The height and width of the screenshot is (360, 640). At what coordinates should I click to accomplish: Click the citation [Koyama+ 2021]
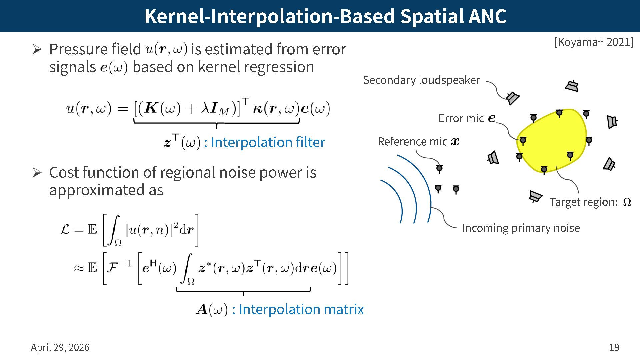click(x=593, y=42)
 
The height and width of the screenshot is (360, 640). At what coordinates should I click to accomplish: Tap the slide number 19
click(x=614, y=347)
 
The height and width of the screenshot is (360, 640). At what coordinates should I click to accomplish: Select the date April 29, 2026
click(x=60, y=347)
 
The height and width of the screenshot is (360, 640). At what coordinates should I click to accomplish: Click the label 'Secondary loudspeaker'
click(x=421, y=80)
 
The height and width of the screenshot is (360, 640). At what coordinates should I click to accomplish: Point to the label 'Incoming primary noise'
click(x=521, y=228)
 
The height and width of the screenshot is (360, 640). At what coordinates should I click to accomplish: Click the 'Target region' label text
click(x=583, y=202)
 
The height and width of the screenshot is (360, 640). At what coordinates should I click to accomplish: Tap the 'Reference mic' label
click(x=412, y=141)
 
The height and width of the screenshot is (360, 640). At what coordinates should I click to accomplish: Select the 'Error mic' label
click(x=461, y=118)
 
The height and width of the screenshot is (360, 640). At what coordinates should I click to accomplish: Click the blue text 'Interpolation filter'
click(x=268, y=142)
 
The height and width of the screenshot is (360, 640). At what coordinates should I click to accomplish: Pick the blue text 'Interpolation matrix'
click(x=301, y=309)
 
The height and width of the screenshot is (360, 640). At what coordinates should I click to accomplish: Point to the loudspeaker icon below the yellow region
click(x=535, y=196)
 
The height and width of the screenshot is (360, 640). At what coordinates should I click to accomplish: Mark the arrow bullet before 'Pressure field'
click(x=37, y=50)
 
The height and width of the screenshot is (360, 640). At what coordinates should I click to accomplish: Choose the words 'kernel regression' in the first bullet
click(x=256, y=67)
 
